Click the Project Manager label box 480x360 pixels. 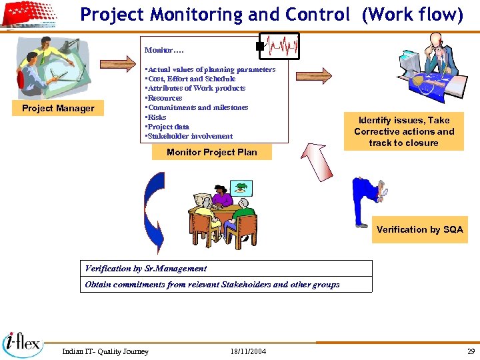point(58,109)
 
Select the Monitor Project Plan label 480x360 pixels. point(211,152)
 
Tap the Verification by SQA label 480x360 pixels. point(419,229)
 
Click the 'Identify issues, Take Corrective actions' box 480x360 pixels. point(403,131)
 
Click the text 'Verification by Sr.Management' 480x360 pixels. point(146,269)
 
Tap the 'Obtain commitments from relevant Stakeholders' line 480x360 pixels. point(212,285)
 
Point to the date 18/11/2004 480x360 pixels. point(248,351)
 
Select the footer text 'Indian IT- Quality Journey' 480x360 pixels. point(105,351)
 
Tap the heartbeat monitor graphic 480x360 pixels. point(279,46)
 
